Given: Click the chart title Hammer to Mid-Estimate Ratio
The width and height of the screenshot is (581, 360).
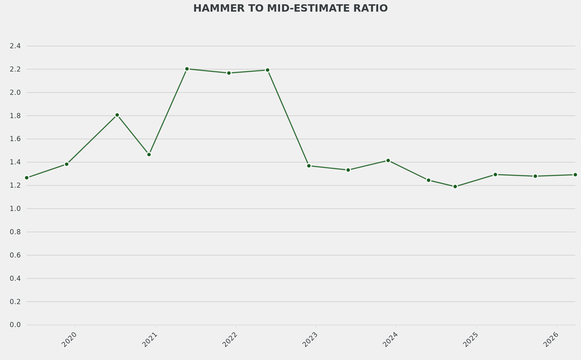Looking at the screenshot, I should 290,9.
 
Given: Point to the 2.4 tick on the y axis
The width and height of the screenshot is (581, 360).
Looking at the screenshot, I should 15,46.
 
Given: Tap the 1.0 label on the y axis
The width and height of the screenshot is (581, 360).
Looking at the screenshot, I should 15,209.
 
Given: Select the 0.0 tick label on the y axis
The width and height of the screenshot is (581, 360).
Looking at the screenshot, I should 15,325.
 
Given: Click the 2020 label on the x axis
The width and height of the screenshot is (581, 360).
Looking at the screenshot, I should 69,340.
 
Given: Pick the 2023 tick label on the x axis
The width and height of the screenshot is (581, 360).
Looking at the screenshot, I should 310,340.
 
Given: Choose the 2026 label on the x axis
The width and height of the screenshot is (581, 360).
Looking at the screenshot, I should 551,340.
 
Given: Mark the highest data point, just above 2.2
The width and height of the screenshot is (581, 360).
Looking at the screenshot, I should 187,69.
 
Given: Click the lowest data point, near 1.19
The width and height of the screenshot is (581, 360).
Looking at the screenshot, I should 455,186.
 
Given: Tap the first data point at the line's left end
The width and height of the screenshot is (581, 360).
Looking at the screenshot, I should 27,178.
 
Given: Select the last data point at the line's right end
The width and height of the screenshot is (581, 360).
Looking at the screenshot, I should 575,174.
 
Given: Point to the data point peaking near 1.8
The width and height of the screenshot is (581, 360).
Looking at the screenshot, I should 117,115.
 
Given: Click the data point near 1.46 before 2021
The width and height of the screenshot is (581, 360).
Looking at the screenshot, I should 149,154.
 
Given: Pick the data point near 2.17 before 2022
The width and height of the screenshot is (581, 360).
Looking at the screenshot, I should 229,73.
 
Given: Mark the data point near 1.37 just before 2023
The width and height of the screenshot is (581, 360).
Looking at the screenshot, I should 309,166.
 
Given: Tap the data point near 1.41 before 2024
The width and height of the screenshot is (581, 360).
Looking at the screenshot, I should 388,160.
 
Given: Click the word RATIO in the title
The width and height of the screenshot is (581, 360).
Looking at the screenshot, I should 370,9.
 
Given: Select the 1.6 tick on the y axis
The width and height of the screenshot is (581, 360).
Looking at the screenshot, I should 15,139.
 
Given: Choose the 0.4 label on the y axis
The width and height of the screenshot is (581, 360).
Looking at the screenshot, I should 15,278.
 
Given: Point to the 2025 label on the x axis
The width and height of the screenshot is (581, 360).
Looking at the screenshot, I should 470,340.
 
